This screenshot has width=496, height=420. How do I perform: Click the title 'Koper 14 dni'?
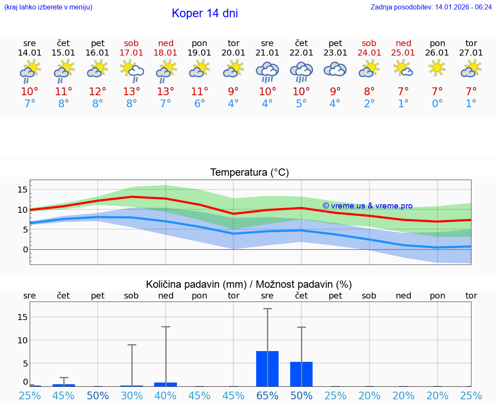pyautogui.click(x=205, y=13)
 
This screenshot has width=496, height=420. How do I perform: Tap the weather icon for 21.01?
pyautogui.click(x=267, y=72)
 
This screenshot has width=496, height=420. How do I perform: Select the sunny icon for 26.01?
pyautogui.click(x=437, y=68)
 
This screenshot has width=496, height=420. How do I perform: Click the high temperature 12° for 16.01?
pyautogui.click(x=98, y=92)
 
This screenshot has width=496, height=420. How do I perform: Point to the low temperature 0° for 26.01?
pyautogui.click(x=437, y=104)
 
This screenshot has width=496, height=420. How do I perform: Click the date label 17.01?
pyautogui.click(x=132, y=53)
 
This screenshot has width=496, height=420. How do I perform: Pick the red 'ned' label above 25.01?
pyautogui.click(x=403, y=43)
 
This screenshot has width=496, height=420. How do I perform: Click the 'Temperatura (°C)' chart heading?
pyautogui.click(x=249, y=173)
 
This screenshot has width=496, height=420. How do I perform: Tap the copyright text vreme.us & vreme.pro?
pyautogui.click(x=367, y=206)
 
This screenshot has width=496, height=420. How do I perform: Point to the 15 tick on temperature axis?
pyautogui.click(x=22, y=190)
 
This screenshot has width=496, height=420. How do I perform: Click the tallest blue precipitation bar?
pyautogui.click(x=267, y=369)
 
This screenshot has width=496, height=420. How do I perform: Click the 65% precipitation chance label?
pyautogui.click(x=267, y=396)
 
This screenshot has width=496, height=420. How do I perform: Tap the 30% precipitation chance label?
pyautogui.click(x=132, y=396)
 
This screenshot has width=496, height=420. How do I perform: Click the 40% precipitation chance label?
pyautogui.click(x=166, y=396)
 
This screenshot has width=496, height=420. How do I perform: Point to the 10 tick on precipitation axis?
pyautogui.click(x=22, y=340)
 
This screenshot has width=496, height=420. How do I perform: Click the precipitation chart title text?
pyautogui.click(x=249, y=284)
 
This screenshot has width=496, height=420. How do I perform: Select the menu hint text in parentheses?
pyautogui.click(x=48, y=7)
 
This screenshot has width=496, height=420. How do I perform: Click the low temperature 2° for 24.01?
pyautogui.click(x=369, y=104)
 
